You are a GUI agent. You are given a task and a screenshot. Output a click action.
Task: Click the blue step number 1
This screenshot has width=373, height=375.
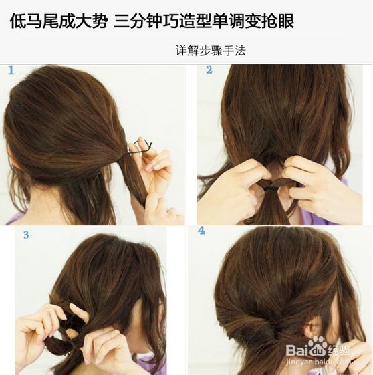point(11,70)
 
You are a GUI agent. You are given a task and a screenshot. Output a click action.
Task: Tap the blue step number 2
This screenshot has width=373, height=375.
point(209,70)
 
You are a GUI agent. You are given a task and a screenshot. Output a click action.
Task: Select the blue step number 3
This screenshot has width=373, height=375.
point(26,235)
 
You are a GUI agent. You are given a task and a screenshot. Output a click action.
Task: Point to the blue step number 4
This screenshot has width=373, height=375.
point(201,231)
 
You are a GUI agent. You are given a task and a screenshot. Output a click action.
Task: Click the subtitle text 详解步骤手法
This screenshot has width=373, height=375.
point(211,50)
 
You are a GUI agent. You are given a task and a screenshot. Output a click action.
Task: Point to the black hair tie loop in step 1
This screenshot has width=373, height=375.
point(136,150)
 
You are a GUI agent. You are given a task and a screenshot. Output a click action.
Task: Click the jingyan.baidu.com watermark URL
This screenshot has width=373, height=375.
point(318,361)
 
